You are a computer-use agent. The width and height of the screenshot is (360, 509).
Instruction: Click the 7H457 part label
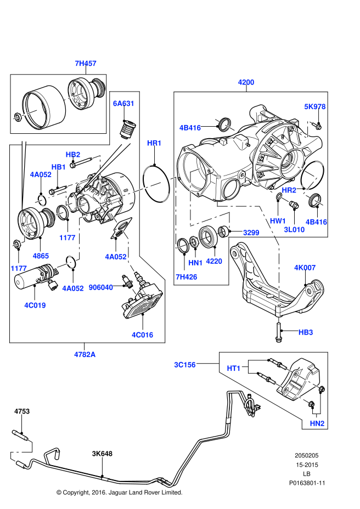click(x=86, y=64)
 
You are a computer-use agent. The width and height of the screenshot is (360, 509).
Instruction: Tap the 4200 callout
click(x=246, y=82)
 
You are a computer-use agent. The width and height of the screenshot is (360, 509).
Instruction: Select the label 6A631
click(x=123, y=104)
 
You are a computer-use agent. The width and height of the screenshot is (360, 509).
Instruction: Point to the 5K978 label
click(x=315, y=107)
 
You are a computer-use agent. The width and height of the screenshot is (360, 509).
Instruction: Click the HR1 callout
click(x=154, y=143)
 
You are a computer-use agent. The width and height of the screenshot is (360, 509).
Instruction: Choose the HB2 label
click(x=73, y=155)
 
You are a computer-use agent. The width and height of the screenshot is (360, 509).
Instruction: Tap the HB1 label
click(x=59, y=167)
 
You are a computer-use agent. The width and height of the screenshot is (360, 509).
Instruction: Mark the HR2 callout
click(x=289, y=190)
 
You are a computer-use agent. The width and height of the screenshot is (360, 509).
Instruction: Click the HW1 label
click(x=278, y=221)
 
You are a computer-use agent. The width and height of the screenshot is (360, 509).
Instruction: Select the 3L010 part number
click(x=294, y=230)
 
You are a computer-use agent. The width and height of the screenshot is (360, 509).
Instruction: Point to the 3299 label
click(x=251, y=233)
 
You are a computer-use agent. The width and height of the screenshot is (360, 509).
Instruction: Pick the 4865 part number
click(x=41, y=256)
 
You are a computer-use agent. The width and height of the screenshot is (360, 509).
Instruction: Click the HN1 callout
click(x=195, y=263)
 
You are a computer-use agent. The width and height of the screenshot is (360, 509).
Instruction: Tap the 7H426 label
click(x=187, y=277)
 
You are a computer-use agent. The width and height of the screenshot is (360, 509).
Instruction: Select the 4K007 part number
click(x=305, y=268)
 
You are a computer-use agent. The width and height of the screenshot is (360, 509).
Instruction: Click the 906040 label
click(x=101, y=287)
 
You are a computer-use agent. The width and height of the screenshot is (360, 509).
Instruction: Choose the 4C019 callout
click(x=35, y=306)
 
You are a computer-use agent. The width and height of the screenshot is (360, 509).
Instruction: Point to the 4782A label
click(x=85, y=355)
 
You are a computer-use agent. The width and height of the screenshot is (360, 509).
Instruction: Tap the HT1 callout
click(x=234, y=369)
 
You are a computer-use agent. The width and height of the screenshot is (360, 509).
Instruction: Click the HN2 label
click(x=317, y=423)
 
